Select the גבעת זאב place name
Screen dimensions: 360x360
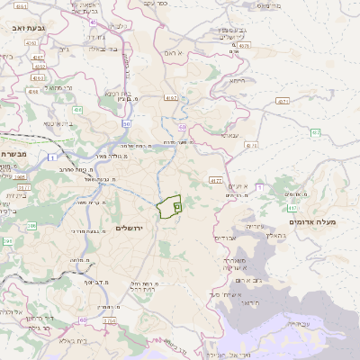tap(22, 29)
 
